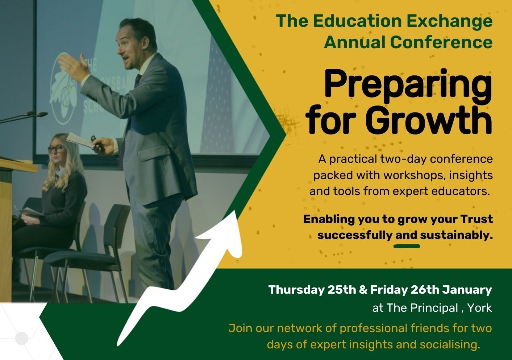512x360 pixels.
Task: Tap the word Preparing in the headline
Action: pyautogui.click(x=408, y=86)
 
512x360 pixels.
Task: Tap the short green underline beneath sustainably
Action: pyautogui.click(x=407, y=246)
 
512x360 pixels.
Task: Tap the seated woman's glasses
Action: pyautogui.click(x=56, y=149)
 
